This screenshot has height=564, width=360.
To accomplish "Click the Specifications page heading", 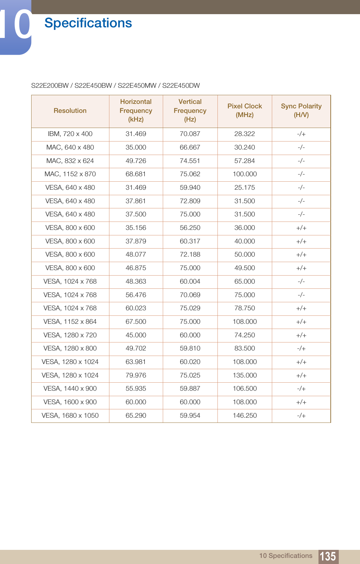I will pos(88,23).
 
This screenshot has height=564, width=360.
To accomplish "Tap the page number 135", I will pos(328,556).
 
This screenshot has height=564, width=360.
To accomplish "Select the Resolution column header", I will pos(70,111).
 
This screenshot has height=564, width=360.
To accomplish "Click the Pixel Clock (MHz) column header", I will pos(245,110).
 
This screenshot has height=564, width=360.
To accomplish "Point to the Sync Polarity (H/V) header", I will pos(301,110).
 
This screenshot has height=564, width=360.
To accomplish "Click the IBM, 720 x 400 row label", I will pos(70,134).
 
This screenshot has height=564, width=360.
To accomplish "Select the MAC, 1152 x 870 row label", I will pos(70,174).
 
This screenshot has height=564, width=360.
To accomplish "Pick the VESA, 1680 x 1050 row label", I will pos(70,415).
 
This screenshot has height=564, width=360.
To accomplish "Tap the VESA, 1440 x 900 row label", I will pos(70,388).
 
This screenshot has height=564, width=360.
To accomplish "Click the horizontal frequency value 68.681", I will pos(136,174).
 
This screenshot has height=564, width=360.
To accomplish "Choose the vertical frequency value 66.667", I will pos(190,147).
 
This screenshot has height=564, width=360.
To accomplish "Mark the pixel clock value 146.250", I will pos(245,415).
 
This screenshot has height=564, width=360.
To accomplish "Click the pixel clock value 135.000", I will pos(245,375).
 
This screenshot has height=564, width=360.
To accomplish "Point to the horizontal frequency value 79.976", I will pos(136,375).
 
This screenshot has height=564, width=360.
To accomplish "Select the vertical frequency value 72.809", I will pos(190,201).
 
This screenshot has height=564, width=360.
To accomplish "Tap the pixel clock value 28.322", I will pos(245,134).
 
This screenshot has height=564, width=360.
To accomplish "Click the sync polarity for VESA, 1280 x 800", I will pos(301,349).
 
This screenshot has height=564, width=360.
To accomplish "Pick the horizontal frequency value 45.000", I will pos(136,335).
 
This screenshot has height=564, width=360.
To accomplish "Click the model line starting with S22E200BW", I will pos(115,86).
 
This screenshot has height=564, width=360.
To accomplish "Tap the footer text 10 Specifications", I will pos(286,556).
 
